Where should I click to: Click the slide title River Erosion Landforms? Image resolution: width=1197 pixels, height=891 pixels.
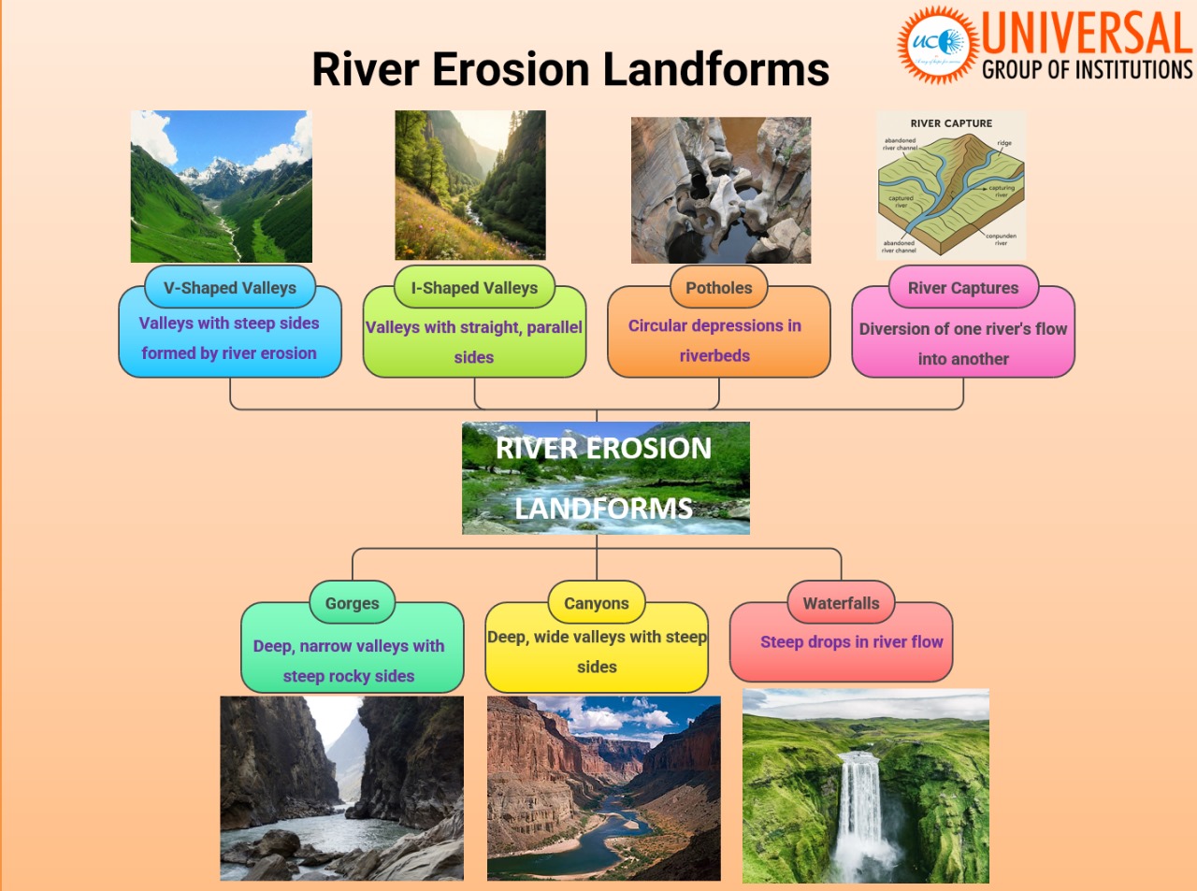point(570,70)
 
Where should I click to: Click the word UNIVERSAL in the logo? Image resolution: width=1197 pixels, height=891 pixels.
point(1087,34)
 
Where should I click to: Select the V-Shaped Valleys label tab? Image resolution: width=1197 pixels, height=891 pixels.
point(230,288)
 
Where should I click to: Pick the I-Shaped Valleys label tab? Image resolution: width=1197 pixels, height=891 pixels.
point(474,288)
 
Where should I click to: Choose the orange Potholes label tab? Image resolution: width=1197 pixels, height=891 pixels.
point(718,288)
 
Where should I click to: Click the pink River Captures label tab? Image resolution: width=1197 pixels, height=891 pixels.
point(962,288)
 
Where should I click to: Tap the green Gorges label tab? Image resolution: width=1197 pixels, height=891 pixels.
point(352,604)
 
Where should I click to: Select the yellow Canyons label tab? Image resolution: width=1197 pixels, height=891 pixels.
point(596,604)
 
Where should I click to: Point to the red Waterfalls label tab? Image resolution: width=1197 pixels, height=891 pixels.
point(841,604)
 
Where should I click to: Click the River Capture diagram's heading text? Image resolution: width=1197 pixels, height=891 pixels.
point(951,123)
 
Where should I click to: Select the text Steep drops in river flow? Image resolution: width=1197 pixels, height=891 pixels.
point(851,642)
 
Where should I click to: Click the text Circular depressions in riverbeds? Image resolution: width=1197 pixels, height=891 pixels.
point(714,340)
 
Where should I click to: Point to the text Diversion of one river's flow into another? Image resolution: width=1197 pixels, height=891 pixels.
point(962,343)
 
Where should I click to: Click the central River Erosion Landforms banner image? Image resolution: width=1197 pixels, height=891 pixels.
point(605,478)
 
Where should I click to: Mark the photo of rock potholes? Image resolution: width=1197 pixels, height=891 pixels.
point(720,190)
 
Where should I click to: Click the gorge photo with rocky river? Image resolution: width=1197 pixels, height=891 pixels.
point(341,788)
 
